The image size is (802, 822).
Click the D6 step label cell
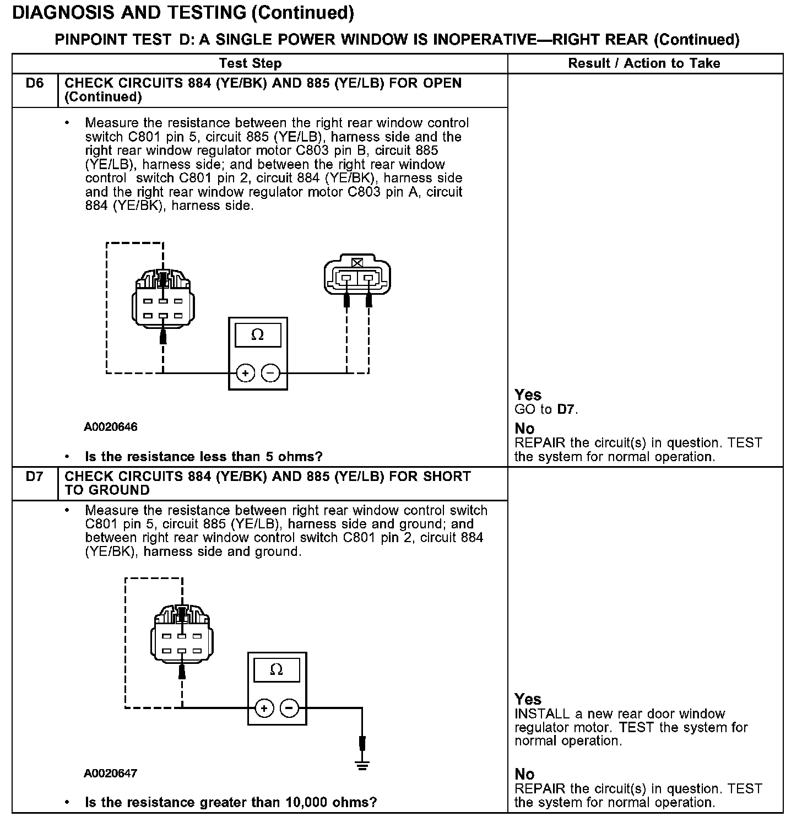(x=34, y=84)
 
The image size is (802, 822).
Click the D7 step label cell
(x=34, y=477)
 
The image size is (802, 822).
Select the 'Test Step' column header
(x=250, y=63)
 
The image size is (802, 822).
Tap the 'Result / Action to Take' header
(x=644, y=63)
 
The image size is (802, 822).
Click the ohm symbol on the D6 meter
(x=257, y=335)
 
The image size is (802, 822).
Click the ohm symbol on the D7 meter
(x=277, y=669)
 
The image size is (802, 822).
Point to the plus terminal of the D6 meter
(x=245, y=374)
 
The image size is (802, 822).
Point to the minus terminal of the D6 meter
(x=270, y=374)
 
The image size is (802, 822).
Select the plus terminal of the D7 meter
(x=264, y=708)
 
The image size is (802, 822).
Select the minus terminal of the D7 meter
(x=290, y=708)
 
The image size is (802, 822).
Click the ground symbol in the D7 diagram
(x=362, y=765)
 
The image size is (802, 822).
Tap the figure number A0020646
(x=111, y=427)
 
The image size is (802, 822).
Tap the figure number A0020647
(x=111, y=774)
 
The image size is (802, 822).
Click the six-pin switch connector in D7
(x=181, y=636)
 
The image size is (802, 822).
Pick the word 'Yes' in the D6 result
(x=528, y=394)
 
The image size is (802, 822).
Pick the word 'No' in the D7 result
(x=524, y=774)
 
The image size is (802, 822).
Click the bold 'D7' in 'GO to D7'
(x=566, y=409)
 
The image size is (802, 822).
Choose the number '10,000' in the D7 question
(x=306, y=802)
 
